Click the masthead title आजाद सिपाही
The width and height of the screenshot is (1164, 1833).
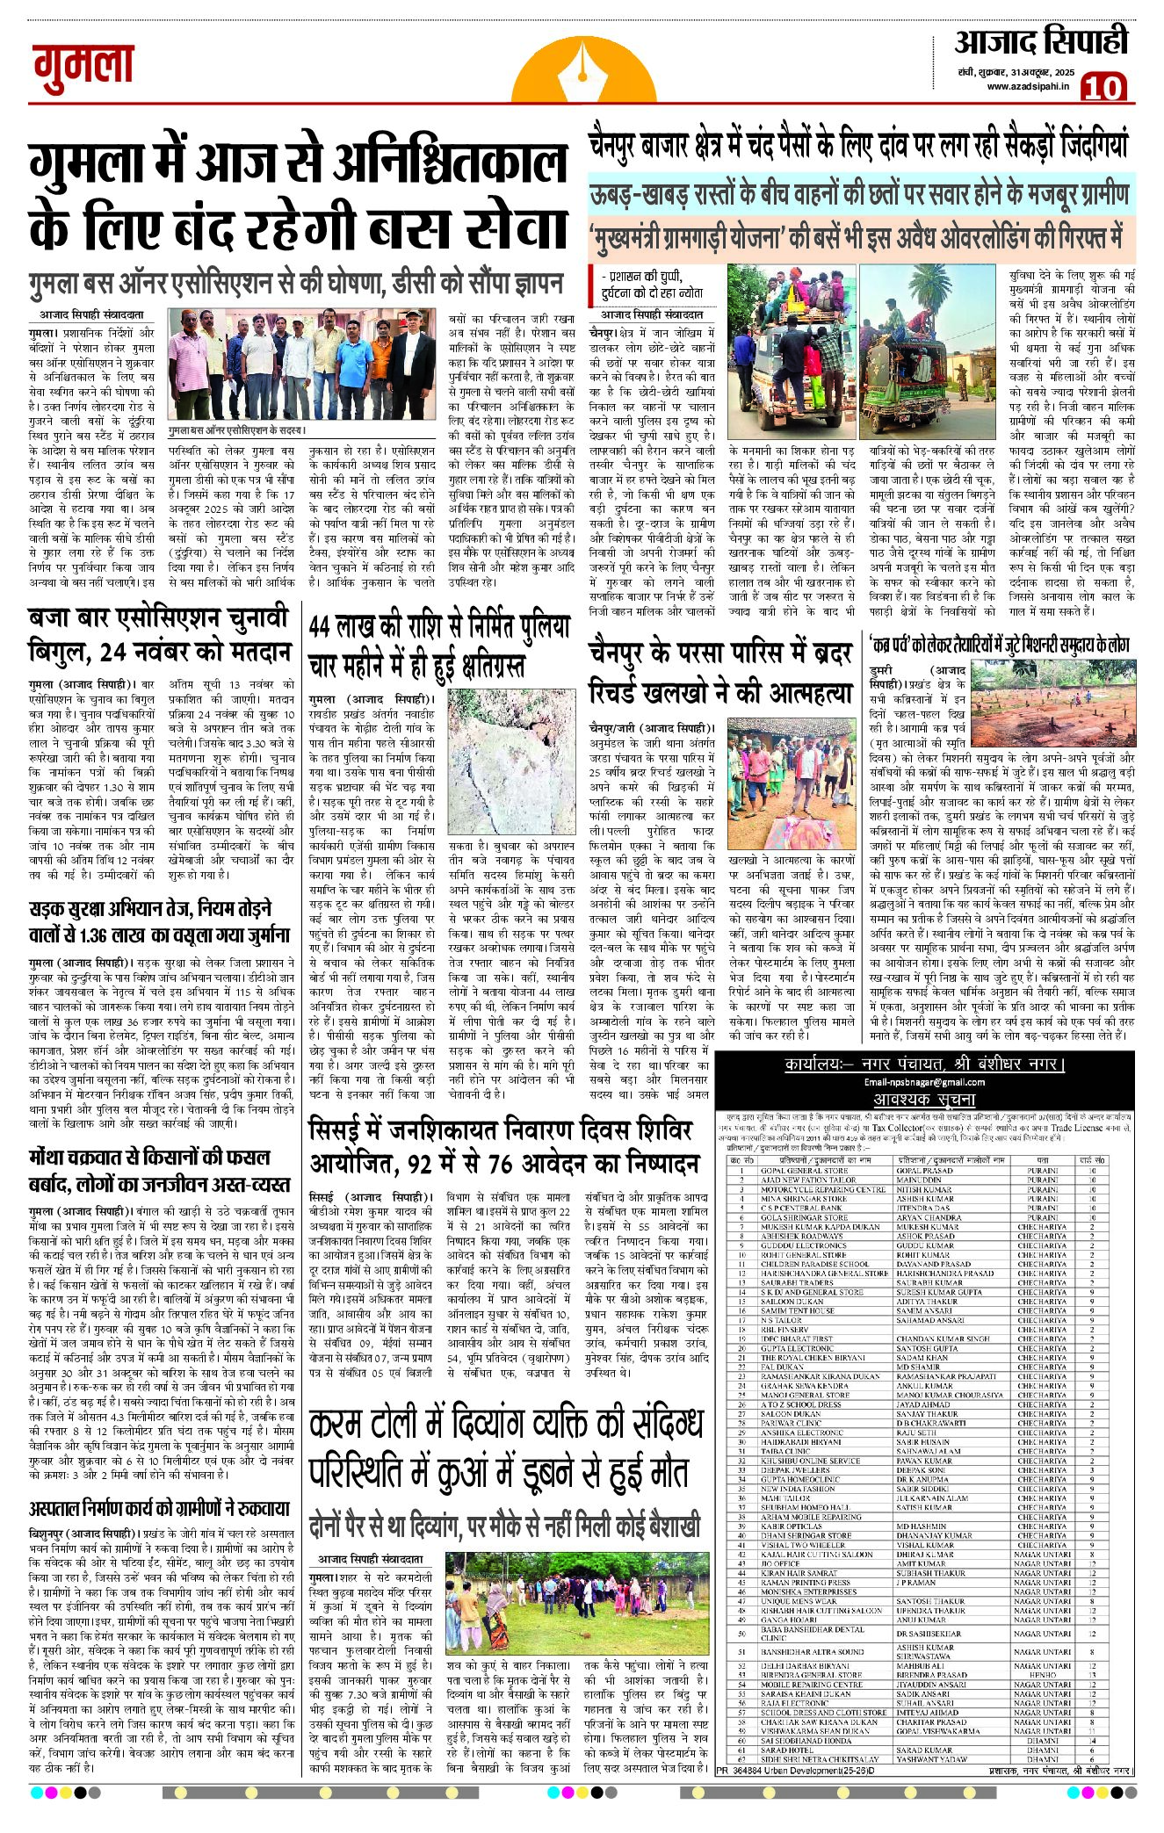point(1041,42)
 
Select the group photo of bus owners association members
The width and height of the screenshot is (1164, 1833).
point(300,363)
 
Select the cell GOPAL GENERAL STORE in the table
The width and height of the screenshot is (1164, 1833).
point(804,1171)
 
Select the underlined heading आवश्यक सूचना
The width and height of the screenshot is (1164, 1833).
point(924,1099)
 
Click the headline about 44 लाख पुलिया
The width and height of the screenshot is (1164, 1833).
point(439,644)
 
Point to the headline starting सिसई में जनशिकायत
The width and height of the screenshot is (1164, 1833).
point(504,1144)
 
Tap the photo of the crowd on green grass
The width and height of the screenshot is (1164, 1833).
point(576,1603)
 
